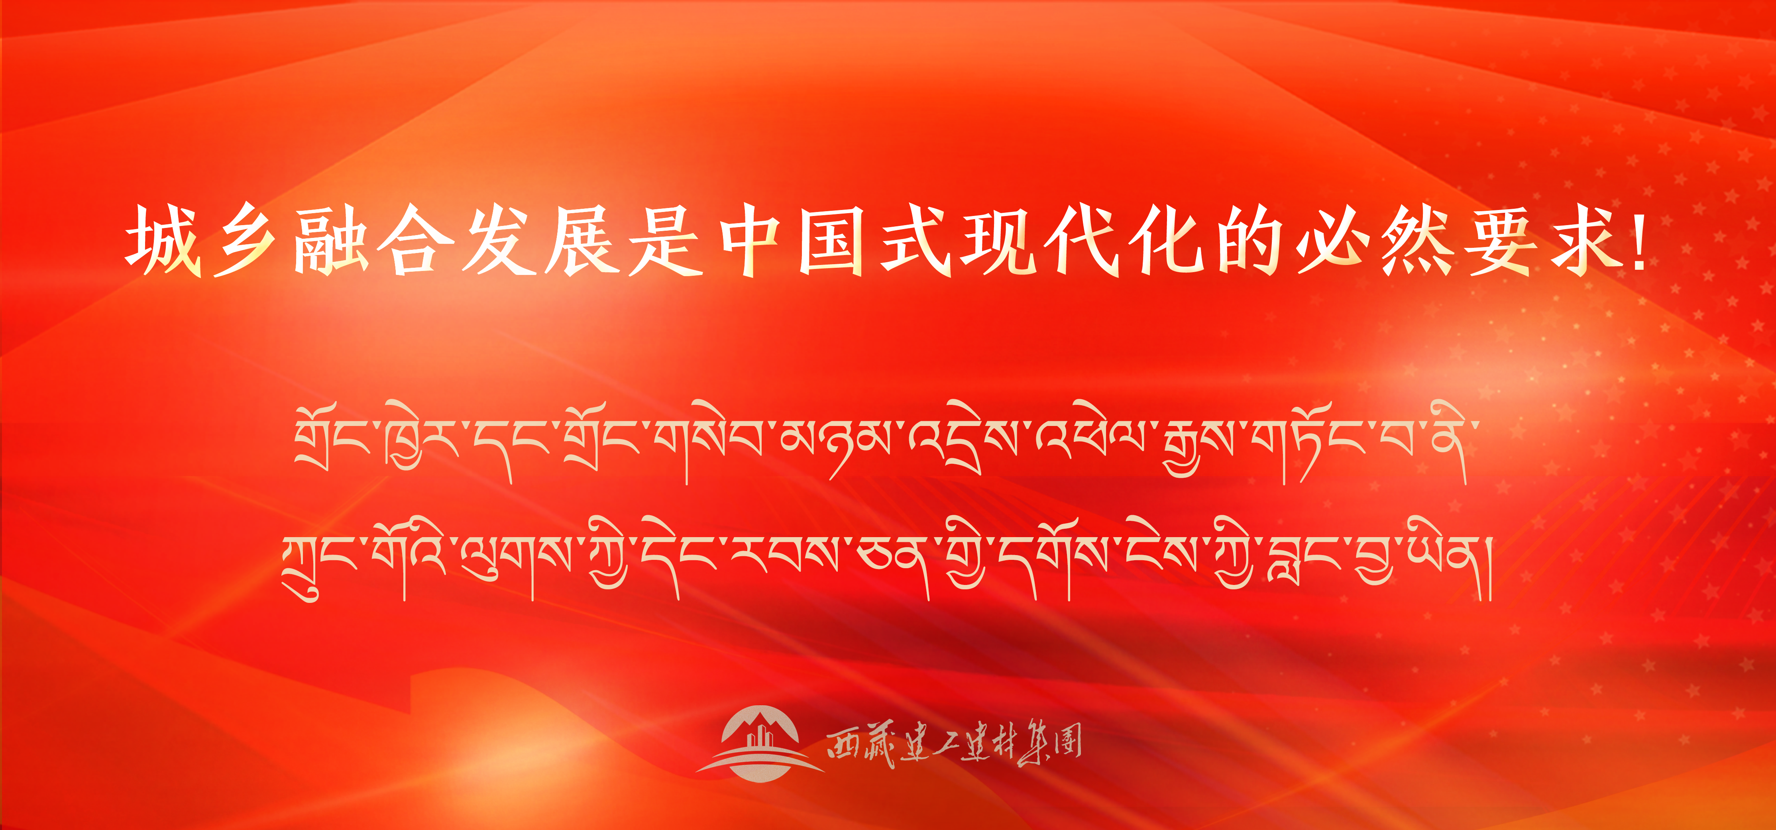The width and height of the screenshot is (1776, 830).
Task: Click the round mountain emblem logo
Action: coord(760,743)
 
